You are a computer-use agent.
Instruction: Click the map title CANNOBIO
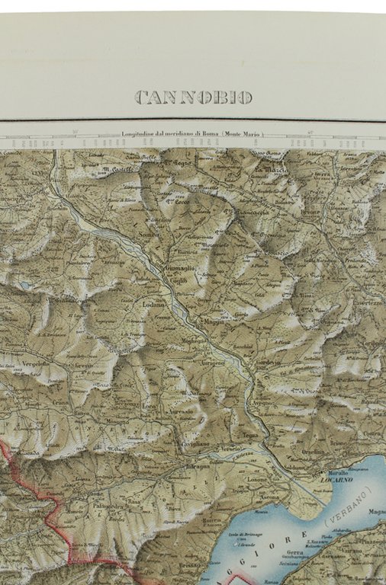193,97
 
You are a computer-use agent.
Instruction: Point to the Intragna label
196,464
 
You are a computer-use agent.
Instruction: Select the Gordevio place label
267,363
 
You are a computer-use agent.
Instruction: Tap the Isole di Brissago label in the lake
241,539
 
